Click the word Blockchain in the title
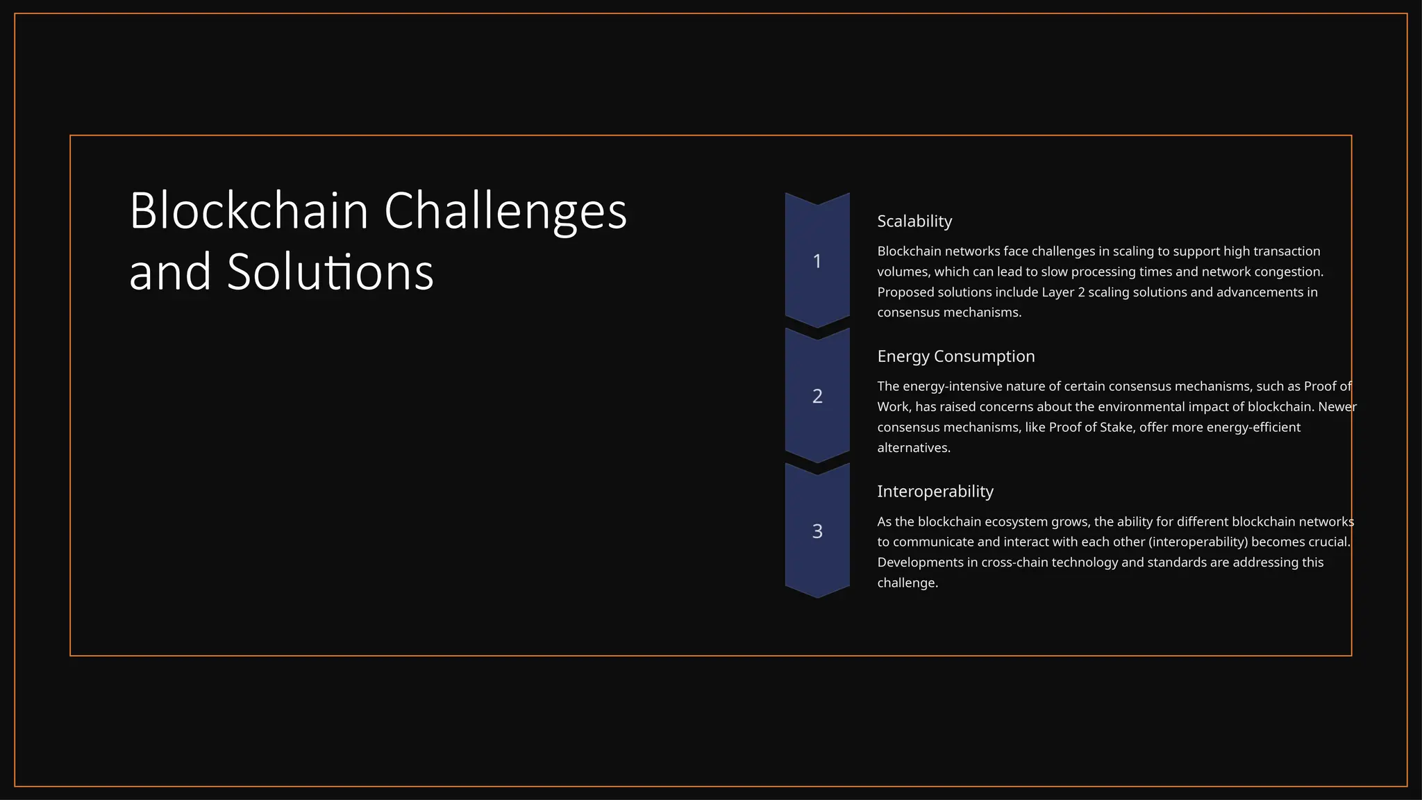[x=249, y=210]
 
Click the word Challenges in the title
[x=505, y=210]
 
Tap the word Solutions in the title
[x=330, y=272]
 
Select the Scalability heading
[x=914, y=221]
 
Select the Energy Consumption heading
[x=955, y=356]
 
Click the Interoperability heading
[x=935, y=491]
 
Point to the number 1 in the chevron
[x=817, y=261]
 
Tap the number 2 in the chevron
[x=817, y=396]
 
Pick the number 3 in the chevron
[x=817, y=531]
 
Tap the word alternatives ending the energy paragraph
[x=912, y=448]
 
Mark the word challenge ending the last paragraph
[x=906, y=583]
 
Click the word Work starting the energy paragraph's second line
[x=892, y=407]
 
